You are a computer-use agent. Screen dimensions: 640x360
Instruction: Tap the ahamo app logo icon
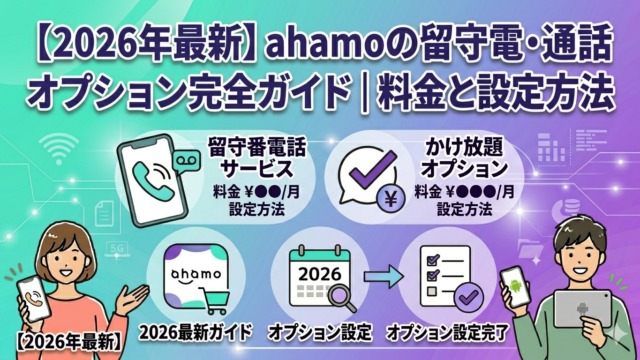pyautogui.click(x=196, y=276)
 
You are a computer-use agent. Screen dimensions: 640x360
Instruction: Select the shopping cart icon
pyautogui.click(x=214, y=300)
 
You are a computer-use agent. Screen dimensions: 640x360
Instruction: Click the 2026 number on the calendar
pyautogui.click(x=320, y=274)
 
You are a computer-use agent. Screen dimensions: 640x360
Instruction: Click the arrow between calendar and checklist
pyautogui.click(x=384, y=276)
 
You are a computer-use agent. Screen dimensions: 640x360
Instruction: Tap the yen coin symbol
pyautogui.click(x=391, y=199)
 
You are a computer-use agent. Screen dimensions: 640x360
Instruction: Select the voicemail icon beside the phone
pyautogui.click(x=187, y=161)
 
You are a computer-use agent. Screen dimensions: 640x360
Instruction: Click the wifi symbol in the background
pyautogui.click(x=59, y=149)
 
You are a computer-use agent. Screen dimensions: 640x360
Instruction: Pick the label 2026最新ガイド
pyautogui.click(x=196, y=333)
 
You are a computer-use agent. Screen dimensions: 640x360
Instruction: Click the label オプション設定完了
pyautogui.click(x=447, y=333)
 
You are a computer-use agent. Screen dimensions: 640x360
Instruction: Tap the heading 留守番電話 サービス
pyautogui.click(x=257, y=157)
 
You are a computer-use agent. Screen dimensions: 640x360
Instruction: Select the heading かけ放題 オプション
pyautogui.click(x=464, y=157)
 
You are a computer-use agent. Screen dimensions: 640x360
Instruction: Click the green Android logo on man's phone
pyautogui.click(x=516, y=285)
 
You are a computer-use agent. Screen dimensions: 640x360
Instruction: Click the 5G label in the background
pyautogui.click(x=117, y=249)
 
